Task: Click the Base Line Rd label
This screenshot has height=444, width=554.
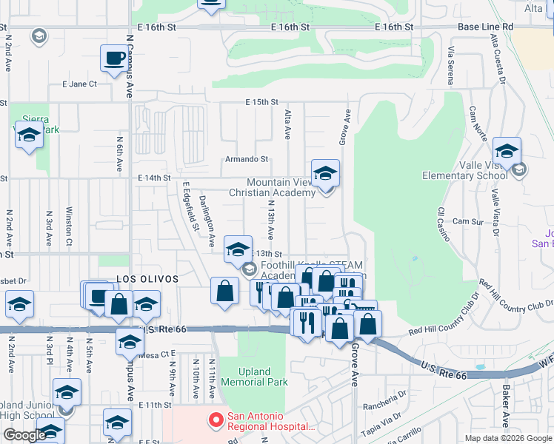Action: pos(485,27)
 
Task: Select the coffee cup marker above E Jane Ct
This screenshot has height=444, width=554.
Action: pos(114,58)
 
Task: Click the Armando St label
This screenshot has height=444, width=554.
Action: pos(247,159)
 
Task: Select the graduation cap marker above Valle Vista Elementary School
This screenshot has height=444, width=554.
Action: pos(507,152)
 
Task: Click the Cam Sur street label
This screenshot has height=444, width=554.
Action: pos(467,221)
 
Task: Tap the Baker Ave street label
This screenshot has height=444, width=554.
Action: pos(505,410)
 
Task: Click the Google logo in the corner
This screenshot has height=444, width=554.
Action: pos(24,435)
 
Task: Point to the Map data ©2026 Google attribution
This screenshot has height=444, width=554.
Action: pos(507,438)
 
